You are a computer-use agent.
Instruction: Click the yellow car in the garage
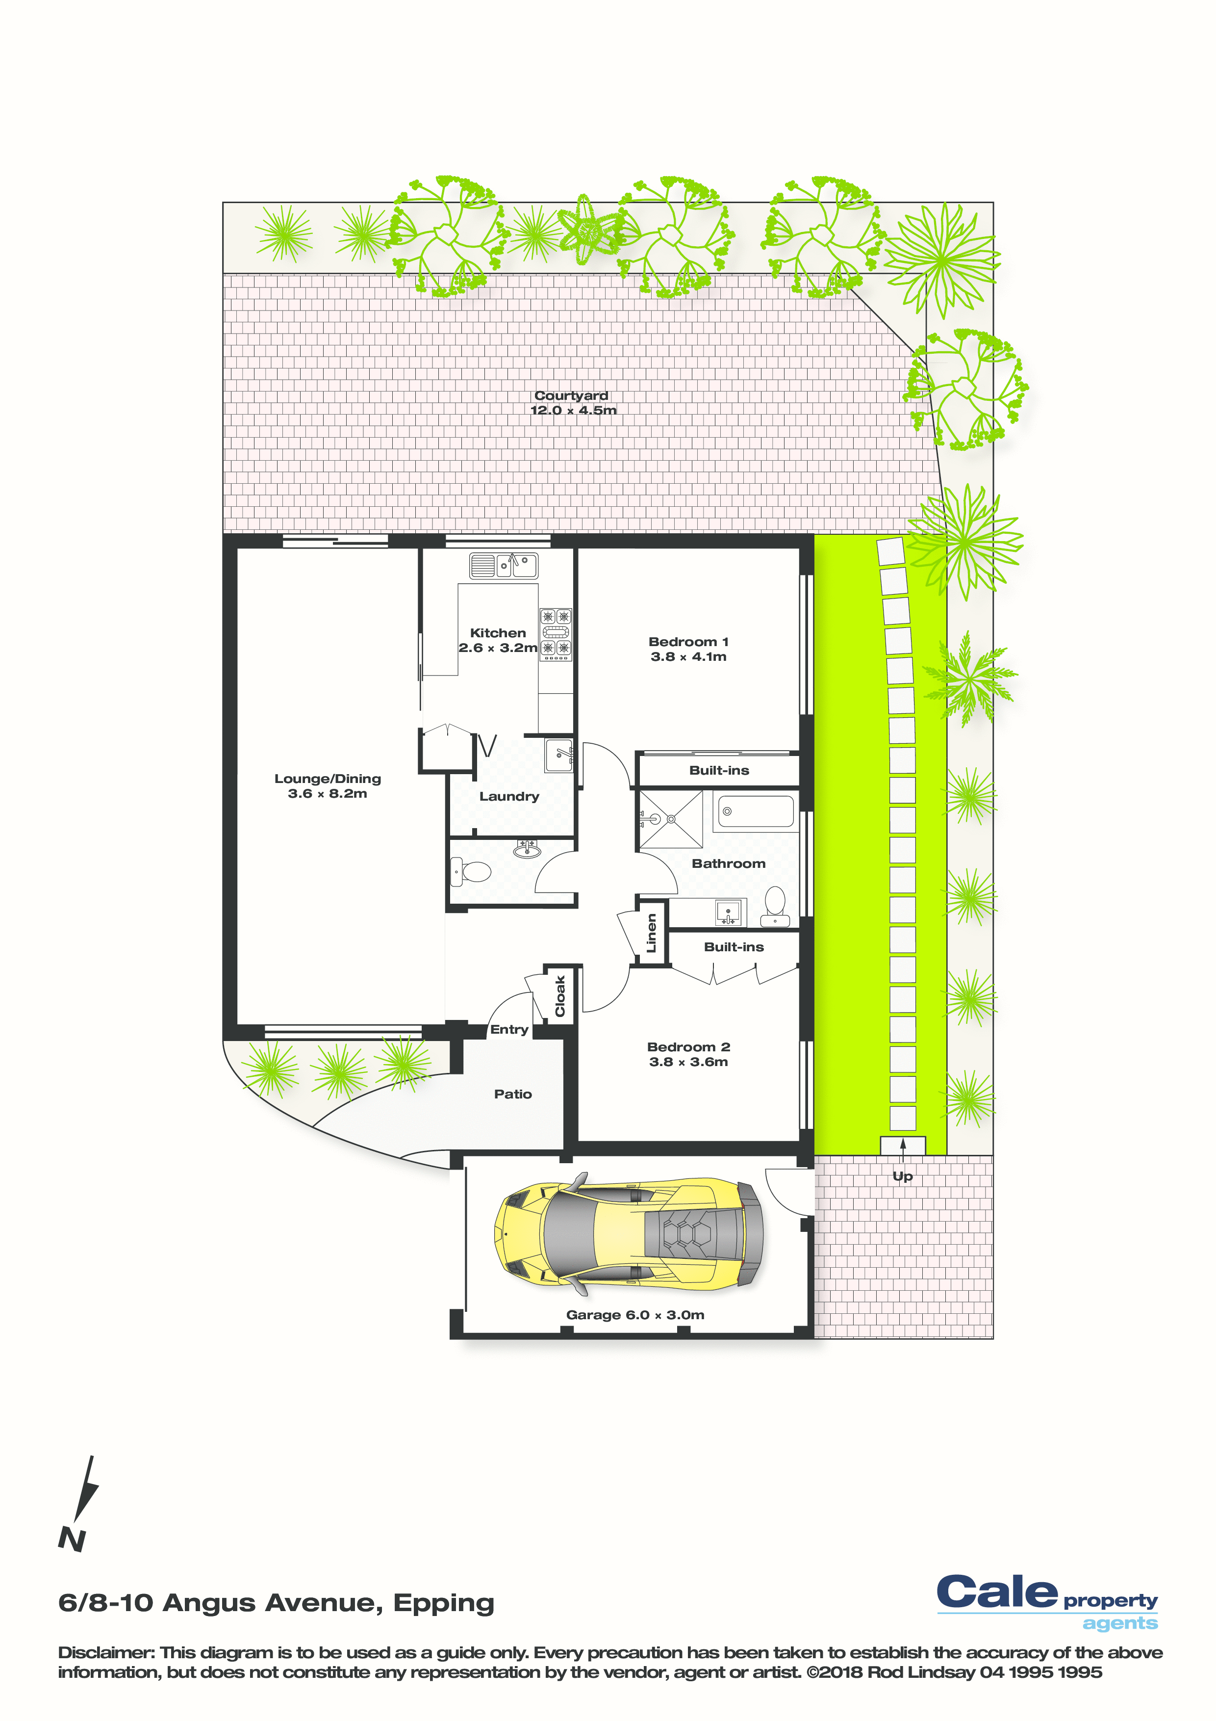[628, 1233]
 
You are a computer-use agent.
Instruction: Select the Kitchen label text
[498, 633]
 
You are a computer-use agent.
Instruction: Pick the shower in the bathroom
[670, 819]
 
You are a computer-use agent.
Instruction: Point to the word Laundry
[509, 796]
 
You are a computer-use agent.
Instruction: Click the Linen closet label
[651, 933]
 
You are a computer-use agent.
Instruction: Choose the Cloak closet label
[559, 996]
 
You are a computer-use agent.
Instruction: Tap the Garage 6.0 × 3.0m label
[635, 1315]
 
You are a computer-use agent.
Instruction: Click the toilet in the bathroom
[775, 906]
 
